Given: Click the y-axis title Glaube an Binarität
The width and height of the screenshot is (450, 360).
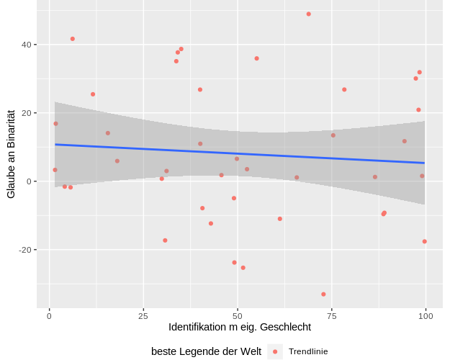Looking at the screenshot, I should pos(11,154).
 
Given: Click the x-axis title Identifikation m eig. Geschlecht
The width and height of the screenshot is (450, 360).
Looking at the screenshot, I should pos(240,327).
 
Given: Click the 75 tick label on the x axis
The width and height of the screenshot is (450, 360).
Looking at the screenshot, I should pos(332,315).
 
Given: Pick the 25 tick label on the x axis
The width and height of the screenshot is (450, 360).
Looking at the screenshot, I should pos(143,315).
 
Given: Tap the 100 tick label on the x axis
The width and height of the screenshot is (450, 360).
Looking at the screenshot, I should pos(426,315).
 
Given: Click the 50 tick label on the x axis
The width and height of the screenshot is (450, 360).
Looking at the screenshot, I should pos(238,315).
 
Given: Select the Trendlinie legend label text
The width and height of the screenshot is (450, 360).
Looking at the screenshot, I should pos(308,351).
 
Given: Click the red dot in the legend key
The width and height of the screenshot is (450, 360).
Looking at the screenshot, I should pos(275,351).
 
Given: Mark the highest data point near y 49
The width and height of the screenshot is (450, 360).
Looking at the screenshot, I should pos(309,14).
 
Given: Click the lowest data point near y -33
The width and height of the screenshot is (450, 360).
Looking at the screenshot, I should pos(323,294).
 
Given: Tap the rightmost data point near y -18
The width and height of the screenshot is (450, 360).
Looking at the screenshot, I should pos(425,241).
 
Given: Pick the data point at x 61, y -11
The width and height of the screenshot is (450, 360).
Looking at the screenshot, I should pos(280,219).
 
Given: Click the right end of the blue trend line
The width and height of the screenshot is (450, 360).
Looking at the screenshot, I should pos(425,163).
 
